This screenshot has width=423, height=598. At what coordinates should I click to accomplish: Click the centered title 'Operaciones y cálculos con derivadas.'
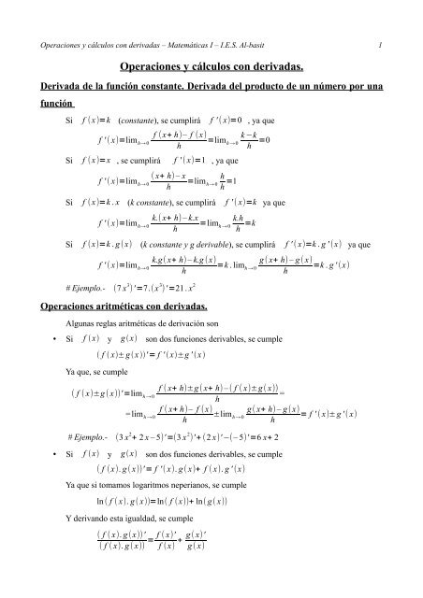pos(211,68)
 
